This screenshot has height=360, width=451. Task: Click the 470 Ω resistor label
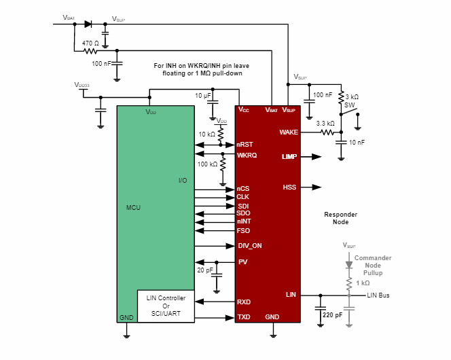pos(90,43)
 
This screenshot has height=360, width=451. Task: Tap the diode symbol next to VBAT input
pos(88,24)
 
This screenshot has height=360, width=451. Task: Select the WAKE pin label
pos(289,132)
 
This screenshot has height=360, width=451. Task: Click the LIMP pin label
pos(289,157)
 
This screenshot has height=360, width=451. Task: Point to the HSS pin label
pos(290,187)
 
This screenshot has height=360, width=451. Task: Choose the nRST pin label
pos(245,145)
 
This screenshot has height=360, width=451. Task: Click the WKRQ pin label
pos(247,156)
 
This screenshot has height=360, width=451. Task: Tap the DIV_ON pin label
pos(249,246)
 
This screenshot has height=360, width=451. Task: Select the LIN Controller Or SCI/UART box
pos(166,305)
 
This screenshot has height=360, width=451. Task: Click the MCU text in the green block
pos(134,207)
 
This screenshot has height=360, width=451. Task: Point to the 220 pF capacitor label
pos(333,315)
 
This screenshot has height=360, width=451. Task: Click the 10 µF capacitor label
pos(203,96)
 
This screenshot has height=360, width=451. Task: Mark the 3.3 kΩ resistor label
pos(325,123)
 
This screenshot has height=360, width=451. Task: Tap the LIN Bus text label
pos(378,295)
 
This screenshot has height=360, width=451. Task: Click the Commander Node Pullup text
pos(373,264)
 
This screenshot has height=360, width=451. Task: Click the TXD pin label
pos(243,317)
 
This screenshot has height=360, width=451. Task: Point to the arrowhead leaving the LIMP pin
pos(317,157)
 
